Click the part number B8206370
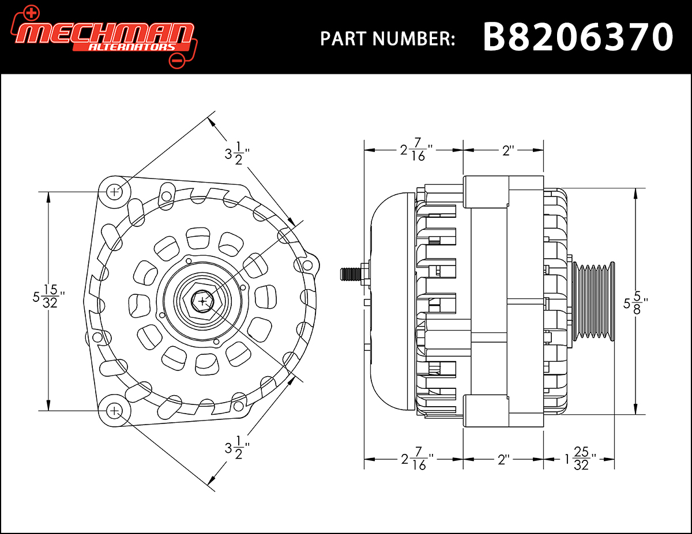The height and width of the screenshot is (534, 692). (x=577, y=37)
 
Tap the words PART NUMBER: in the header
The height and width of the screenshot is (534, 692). (x=388, y=39)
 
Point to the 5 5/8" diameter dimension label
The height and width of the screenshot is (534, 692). (x=636, y=302)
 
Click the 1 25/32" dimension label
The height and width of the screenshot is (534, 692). (x=580, y=460)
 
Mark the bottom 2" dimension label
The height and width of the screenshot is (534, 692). (x=503, y=460)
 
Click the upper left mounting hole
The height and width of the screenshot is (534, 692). (x=115, y=191)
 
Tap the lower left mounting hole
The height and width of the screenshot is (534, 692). (x=115, y=411)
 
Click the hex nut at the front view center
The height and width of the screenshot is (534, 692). (x=201, y=301)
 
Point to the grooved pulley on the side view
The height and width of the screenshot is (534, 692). (x=594, y=302)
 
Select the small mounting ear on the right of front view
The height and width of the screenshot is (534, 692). (x=307, y=264)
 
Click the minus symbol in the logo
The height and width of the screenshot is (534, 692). (x=176, y=60)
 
